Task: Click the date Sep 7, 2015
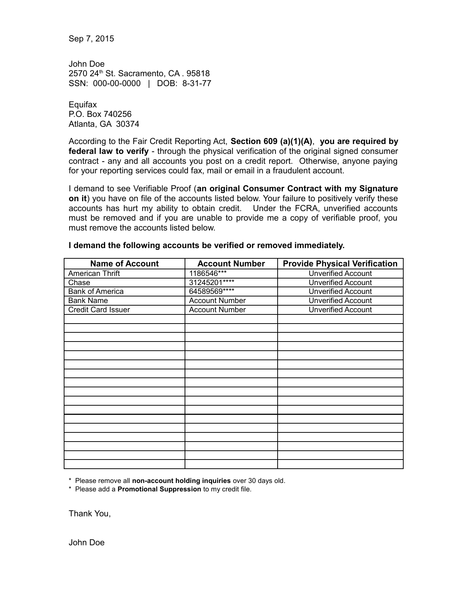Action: [91, 39]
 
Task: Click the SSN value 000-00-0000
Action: [116, 84]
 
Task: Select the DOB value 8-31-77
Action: [197, 84]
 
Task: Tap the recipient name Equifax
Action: [83, 105]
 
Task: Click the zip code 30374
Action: [127, 124]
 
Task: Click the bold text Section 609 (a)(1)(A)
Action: [272, 141]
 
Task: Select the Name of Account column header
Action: [124, 264]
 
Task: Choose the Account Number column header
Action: [231, 264]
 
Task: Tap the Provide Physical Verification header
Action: [340, 264]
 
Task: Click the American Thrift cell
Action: [94, 274]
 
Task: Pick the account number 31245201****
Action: [211, 283]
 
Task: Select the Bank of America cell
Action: [96, 292]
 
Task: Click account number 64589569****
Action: [211, 292]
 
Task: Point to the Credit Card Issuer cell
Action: [99, 310]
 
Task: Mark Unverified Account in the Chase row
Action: [340, 283]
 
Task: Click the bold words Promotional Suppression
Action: [159, 489]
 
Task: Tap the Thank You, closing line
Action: [90, 514]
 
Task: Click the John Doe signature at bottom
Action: [86, 543]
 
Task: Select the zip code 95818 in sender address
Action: [198, 74]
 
